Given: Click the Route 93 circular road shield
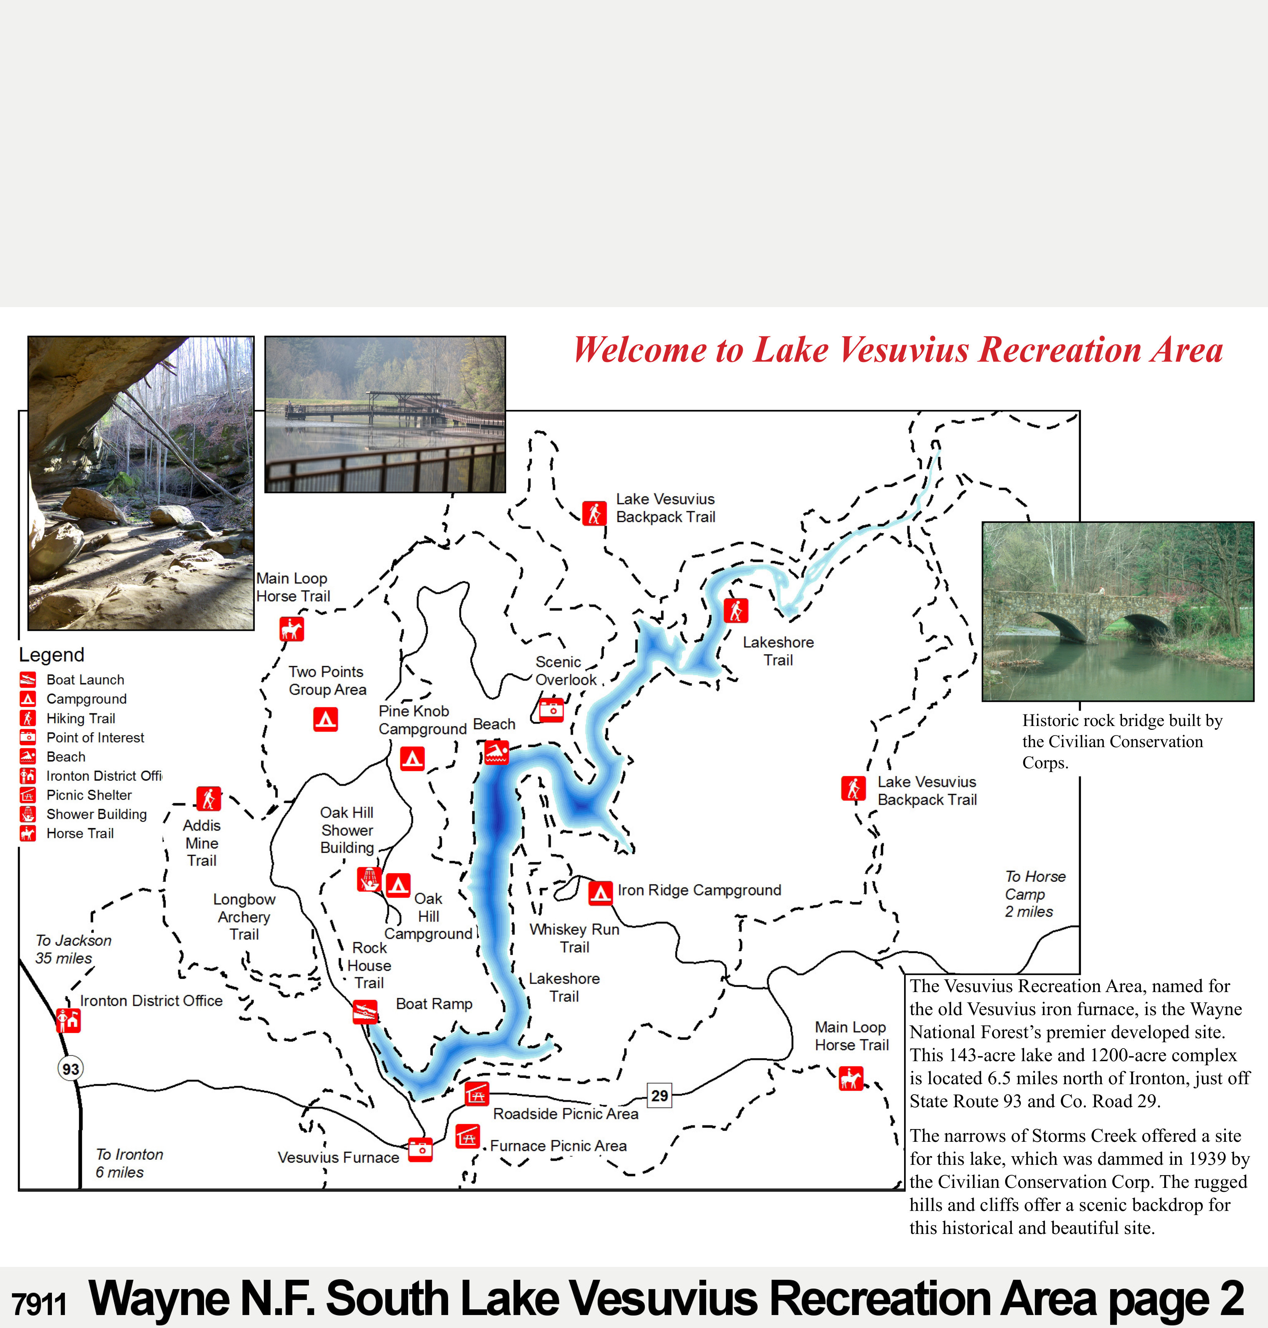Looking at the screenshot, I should (70, 1068).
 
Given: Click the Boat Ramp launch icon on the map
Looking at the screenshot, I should (365, 1012).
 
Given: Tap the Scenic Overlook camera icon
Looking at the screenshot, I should (551, 710).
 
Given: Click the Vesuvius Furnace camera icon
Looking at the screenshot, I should (420, 1149).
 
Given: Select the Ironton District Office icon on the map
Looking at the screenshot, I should (68, 1020).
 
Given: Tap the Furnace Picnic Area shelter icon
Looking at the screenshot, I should (468, 1136).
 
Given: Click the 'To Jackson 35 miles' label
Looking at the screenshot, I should (73, 949).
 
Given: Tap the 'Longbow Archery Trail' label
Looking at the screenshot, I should (244, 917).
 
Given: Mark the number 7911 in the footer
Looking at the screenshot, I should (39, 1304).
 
